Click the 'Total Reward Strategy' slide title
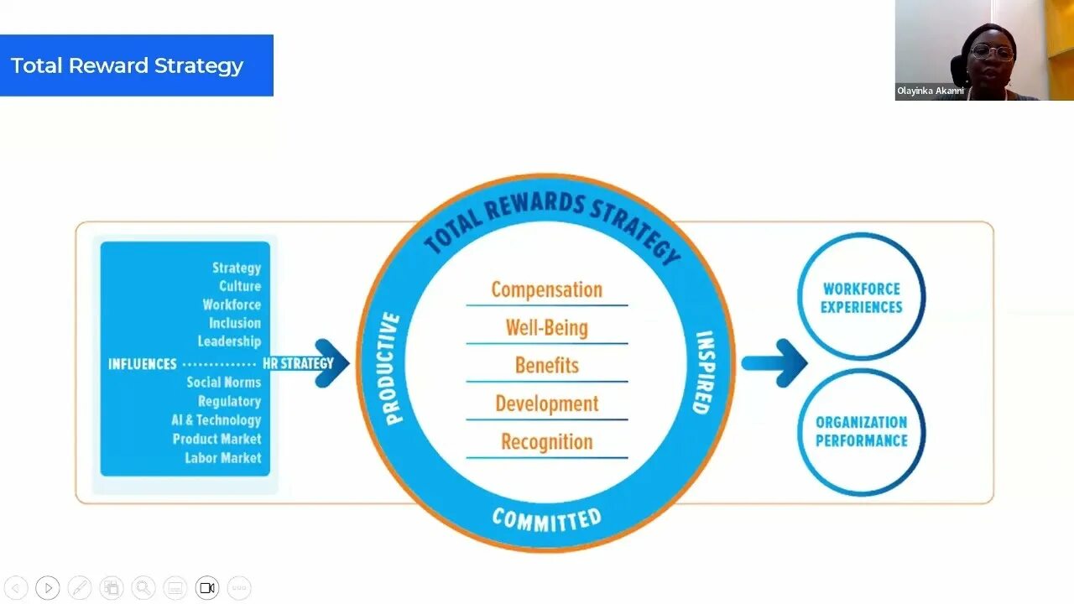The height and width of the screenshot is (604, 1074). (127, 65)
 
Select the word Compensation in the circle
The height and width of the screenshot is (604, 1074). (546, 289)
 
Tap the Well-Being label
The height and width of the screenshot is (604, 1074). (546, 327)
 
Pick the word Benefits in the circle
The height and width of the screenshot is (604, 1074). (546, 365)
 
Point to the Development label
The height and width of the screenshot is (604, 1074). (546, 404)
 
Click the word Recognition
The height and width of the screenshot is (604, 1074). (546, 441)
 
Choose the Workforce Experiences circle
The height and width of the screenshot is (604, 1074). (861, 297)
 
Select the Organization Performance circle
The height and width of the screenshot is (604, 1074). (861, 431)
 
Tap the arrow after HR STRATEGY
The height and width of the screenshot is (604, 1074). (332, 362)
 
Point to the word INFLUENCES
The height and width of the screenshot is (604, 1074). (143, 364)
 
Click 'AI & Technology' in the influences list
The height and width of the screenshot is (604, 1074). (216, 419)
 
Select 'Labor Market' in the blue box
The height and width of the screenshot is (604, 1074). (223, 457)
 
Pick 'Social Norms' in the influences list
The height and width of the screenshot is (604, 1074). (223, 383)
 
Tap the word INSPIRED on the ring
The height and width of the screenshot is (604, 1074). (703, 372)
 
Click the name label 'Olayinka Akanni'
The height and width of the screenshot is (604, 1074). (930, 91)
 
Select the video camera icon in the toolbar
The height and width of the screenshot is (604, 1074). (207, 588)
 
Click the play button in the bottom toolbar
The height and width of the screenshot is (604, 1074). (48, 588)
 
